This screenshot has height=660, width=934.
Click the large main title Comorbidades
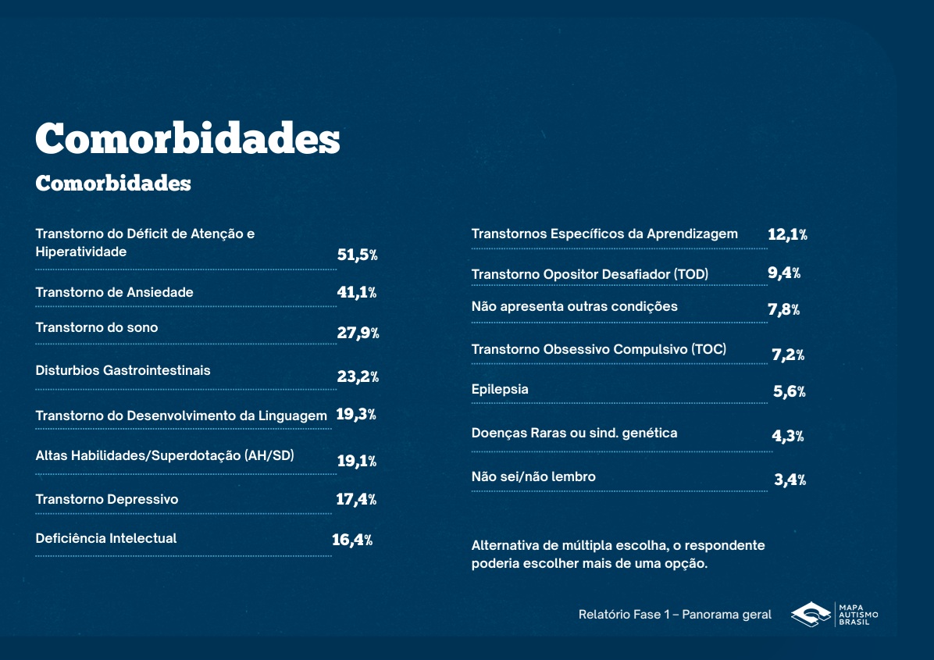pyautogui.click(x=187, y=139)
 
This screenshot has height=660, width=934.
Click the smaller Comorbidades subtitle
pyautogui.click(x=113, y=183)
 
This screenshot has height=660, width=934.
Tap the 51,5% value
pyautogui.click(x=357, y=255)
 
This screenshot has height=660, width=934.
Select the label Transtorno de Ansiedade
pyautogui.click(x=114, y=292)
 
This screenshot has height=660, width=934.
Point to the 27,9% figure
pyautogui.click(x=358, y=334)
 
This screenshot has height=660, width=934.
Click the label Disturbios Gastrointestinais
pyautogui.click(x=123, y=370)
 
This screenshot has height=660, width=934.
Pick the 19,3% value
pyautogui.click(x=355, y=415)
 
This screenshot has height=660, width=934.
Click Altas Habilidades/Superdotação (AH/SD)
pyautogui.click(x=165, y=455)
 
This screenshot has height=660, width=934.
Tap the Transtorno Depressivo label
pyautogui.click(x=107, y=499)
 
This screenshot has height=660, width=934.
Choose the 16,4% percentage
pyautogui.click(x=352, y=540)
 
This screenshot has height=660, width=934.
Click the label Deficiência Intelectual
pyautogui.click(x=106, y=538)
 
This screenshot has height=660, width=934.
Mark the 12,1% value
pyautogui.click(x=787, y=234)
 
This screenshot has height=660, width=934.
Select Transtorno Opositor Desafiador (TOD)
pyautogui.click(x=590, y=274)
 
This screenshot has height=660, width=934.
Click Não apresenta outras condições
pyautogui.click(x=575, y=306)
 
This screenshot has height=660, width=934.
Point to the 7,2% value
pyautogui.click(x=788, y=355)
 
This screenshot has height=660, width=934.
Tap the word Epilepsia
pyautogui.click(x=500, y=389)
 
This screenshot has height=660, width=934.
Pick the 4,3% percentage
pyautogui.click(x=788, y=436)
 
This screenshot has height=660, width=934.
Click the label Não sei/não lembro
pyautogui.click(x=533, y=476)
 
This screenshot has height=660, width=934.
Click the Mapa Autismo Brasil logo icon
pyautogui.click(x=811, y=615)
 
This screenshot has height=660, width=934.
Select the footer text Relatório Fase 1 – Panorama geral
pyautogui.click(x=675, y=615)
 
